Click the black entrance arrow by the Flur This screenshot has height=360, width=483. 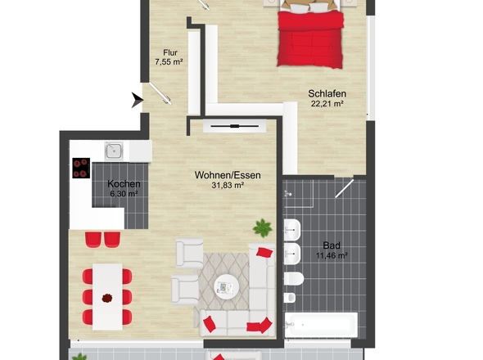[136, 101]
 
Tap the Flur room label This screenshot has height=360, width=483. [169, 52]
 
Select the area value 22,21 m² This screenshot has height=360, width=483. [325, 104]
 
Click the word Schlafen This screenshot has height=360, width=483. [325, 93]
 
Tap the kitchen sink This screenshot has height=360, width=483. [113, 151]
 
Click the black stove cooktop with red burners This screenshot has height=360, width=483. [81, 167]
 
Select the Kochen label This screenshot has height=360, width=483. [124, 185]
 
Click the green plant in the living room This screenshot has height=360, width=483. [262, 227]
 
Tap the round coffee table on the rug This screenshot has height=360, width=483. [225, 286]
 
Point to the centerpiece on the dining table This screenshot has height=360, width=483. [106, 299]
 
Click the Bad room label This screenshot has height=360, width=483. [331, 245]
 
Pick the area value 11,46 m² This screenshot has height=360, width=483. [331, 255]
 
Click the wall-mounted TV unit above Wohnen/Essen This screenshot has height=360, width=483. [234, 126]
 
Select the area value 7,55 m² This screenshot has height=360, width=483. [169, 62]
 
